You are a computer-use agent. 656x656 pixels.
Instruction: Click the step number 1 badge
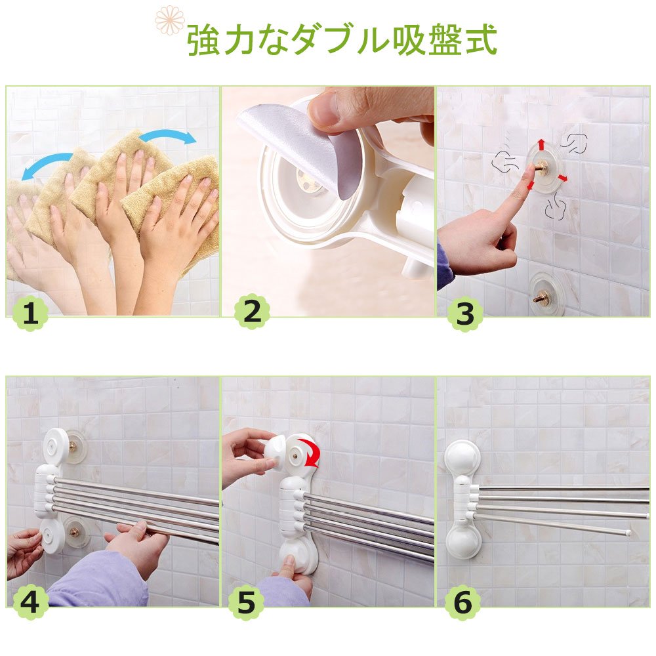(30, 314)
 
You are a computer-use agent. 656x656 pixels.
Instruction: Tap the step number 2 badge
(252, 311)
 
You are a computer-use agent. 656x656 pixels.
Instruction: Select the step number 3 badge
(465, 314)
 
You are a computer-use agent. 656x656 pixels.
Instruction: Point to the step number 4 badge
(30, 602)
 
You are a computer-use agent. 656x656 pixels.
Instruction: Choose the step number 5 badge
(246, 602)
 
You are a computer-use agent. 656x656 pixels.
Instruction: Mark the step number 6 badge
(462, 602)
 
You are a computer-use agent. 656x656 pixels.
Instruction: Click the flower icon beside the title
(169, 19)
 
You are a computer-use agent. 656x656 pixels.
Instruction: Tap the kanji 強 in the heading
(203, 40)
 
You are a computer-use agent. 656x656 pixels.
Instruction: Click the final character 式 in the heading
(481, 40)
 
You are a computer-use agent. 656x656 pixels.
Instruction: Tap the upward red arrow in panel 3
(541, 144)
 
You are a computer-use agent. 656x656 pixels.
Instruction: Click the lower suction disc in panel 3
(545, 295)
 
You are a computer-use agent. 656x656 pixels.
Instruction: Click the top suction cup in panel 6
(462, 459)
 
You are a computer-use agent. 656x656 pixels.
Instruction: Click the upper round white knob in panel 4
(56, 445)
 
